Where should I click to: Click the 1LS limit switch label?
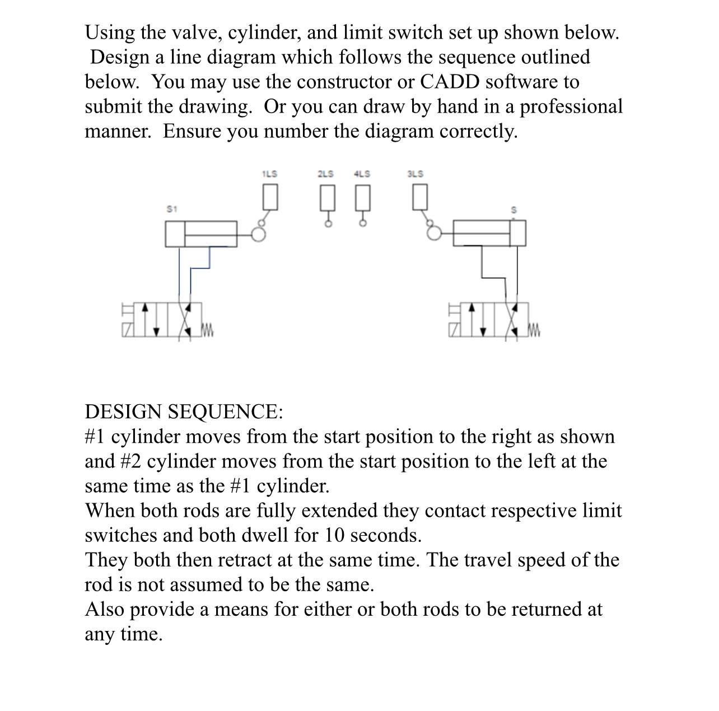tap(269, 174)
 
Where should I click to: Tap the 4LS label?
tap(362, 174)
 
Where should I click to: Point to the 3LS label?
tap(415, 174)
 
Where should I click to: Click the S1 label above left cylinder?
tap(172, 209)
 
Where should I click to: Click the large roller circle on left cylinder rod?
tap(259, 234)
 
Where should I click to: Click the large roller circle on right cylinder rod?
tap(435, 233)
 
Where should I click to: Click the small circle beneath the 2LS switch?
tap(329, 223)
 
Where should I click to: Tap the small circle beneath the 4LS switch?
tap(363, 223)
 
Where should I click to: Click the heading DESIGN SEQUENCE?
tap(184, 412)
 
